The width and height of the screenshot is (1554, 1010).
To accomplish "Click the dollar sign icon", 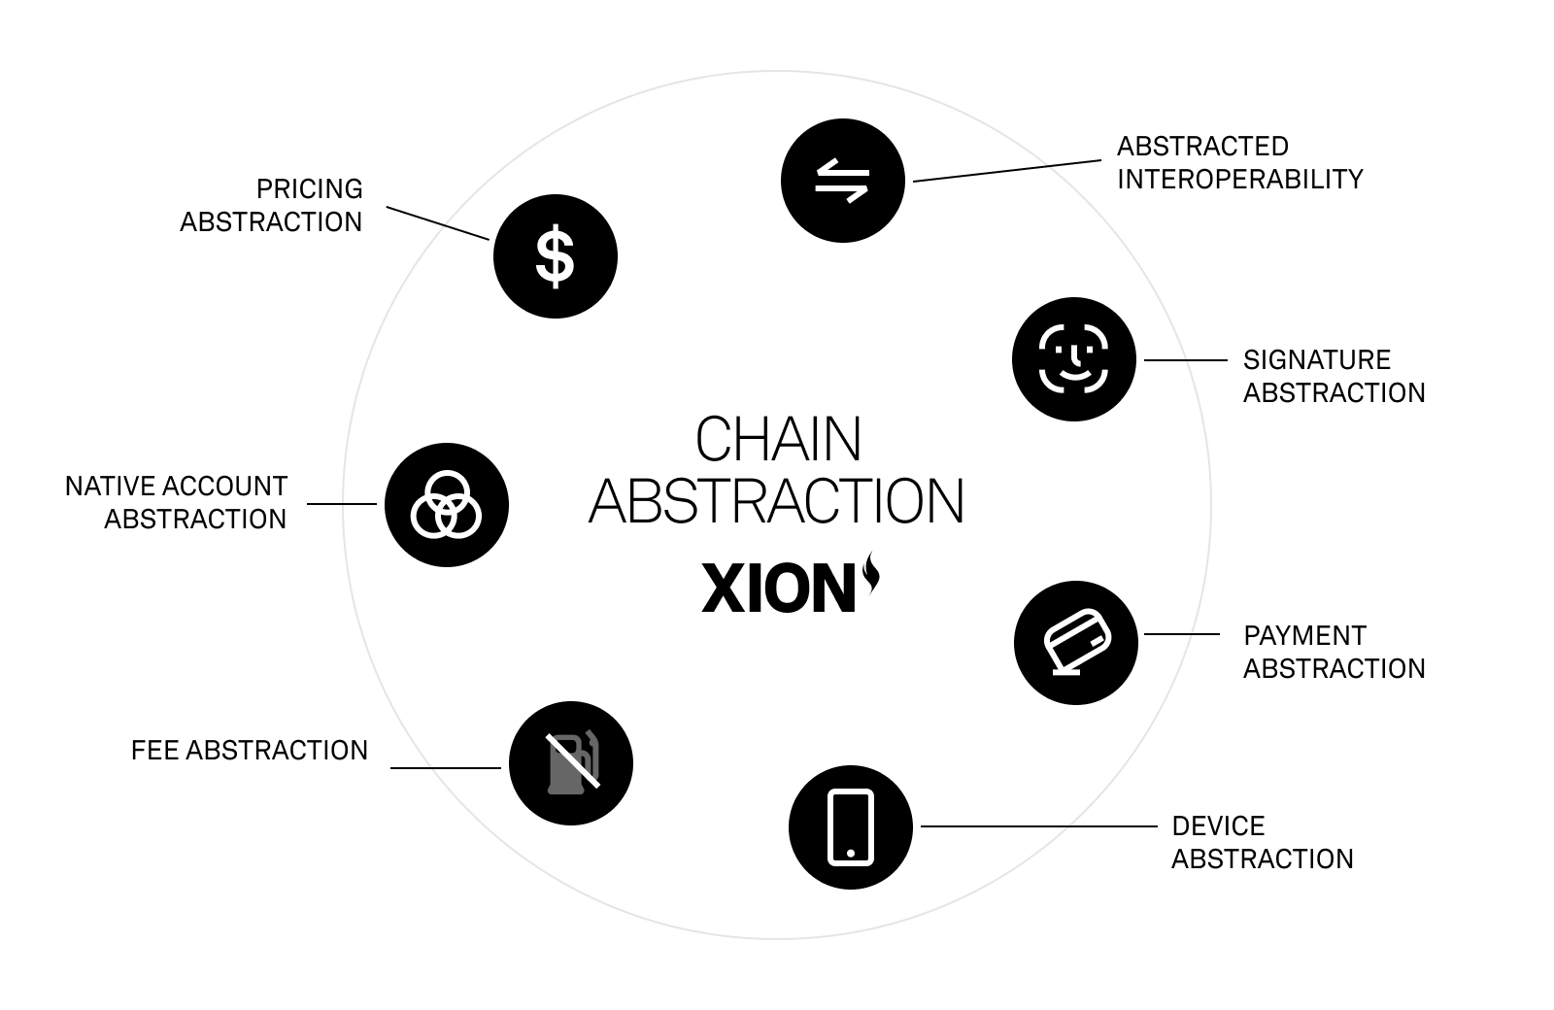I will pos(555,256).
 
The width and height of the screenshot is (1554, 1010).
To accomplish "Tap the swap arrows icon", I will pos(842,181).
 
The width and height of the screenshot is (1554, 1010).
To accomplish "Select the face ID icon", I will pos(1073,359).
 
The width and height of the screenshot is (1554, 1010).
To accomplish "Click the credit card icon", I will pos(1075,642).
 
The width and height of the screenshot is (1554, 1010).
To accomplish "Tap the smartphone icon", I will pos(850,827).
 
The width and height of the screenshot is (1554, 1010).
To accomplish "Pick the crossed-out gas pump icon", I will pos(571,763).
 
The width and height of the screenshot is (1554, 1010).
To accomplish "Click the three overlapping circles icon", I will pos(447,505).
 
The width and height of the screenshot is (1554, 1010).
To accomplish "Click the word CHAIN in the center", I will pos(778,440).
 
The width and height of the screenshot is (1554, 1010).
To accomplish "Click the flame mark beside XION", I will pos(871,572).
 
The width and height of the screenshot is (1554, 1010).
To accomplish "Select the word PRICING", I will pos(309,188).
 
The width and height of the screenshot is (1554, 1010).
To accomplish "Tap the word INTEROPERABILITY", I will pos(1239,180).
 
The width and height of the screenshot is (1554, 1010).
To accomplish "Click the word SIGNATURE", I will pos(1316,360).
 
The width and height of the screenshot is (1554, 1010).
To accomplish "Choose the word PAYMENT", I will pos(1304,636).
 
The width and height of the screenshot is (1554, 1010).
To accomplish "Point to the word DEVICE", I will pos(1218,826).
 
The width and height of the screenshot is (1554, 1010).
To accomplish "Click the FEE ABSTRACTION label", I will pos(250,751).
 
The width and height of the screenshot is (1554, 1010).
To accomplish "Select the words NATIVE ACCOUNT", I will pos(176,487).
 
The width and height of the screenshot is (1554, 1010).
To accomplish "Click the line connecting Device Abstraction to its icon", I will pos(1038,826).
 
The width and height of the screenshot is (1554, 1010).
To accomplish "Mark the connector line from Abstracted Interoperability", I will pos(1007,171).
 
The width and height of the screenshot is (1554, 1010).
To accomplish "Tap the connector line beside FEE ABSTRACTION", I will pos(445,768).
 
